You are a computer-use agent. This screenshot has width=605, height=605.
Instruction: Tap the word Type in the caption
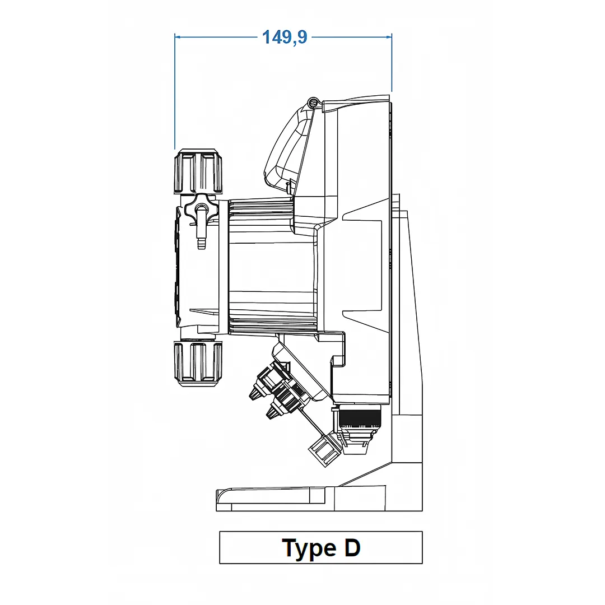tap(309, 548)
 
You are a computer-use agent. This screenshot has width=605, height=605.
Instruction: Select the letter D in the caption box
tap(352, 547)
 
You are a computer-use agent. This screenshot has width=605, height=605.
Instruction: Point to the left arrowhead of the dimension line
tap(178, 37)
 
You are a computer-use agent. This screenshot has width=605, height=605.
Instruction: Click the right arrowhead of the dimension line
tap(389, 37)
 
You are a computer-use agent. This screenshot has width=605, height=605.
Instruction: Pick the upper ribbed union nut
tap(198, 171)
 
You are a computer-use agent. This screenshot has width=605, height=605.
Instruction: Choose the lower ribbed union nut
tap(198, 364)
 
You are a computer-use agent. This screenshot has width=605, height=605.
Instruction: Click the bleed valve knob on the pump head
tap(200, 208)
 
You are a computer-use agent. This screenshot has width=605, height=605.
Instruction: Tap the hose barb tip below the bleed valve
tap(201, 244)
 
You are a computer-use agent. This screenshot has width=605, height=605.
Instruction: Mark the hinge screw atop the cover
tap(313, 103)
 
